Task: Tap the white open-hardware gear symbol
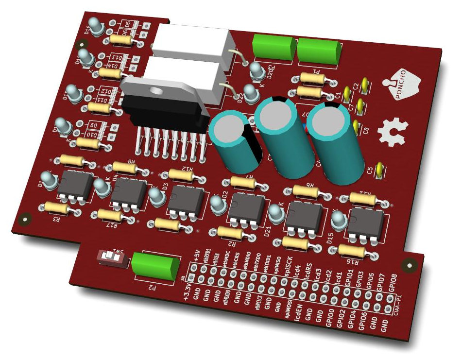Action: pyautogui.click(x=393, y=130)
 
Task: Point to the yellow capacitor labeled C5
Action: pyautogui.click(x=379, y=171)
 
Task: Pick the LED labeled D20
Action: pyautogui.click(x=256, y=69)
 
